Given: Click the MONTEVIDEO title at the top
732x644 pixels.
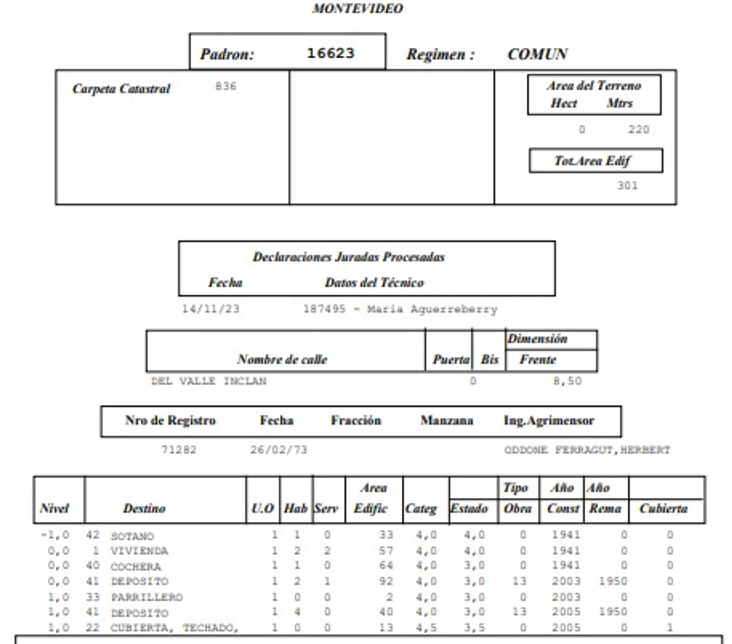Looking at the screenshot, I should click(x=358, y=8).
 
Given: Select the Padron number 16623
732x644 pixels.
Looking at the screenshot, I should click(x=331, y=53).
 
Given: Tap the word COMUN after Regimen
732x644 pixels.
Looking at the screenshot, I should click(x=538, y=54).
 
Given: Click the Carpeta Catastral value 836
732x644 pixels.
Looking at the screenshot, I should click(x=226, y=87).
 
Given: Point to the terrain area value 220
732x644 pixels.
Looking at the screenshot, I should click(x=639, y=130).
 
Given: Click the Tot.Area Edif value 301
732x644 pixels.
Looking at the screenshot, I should click(x=628, y=186).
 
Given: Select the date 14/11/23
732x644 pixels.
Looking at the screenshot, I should click(x=211, y=309).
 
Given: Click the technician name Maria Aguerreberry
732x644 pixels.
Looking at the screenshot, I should click(x=432, y=309).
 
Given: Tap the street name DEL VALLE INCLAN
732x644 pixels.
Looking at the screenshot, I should click(x=209, y=381).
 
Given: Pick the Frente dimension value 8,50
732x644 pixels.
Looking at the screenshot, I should click(x=568, y=381).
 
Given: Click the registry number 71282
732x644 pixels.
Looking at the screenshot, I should click(x=179, y=450).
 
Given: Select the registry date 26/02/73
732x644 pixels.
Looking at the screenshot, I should click(x=279, y=450).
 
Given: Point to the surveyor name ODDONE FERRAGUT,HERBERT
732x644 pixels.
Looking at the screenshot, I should click(x=587, y=450).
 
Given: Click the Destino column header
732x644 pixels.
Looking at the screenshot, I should click(x=144, y=508).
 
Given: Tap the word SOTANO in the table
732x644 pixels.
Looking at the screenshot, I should click(x=132, y=536).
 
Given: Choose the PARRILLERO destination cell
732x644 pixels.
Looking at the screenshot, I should click(x=147, y=597).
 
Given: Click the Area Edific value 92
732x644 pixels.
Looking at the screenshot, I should click(x=386, y=581).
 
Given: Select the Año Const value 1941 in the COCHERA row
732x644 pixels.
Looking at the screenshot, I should click(x=566, y=565).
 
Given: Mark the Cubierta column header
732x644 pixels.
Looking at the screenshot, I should click(x=664, y=508).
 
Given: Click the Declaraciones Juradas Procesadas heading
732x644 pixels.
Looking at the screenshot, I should click(x=349, y=257).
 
